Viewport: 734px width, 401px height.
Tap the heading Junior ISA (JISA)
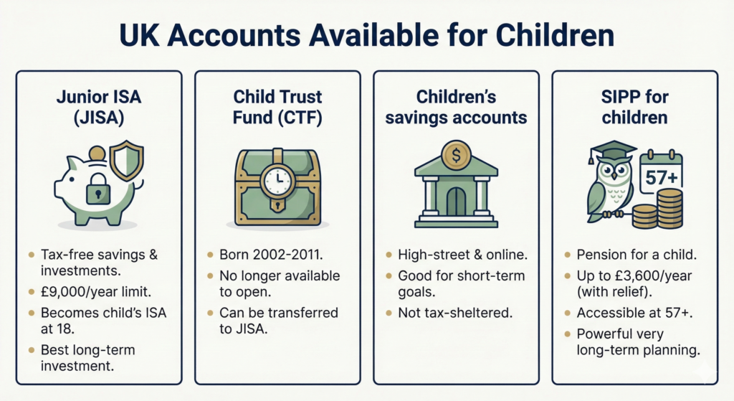pyautogui.click(x=98, y=108)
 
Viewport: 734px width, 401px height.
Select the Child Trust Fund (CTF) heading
pyautogui.click(x=277, y=108)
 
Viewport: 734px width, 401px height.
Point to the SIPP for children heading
pyautogui.click(x=634, y=108)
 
